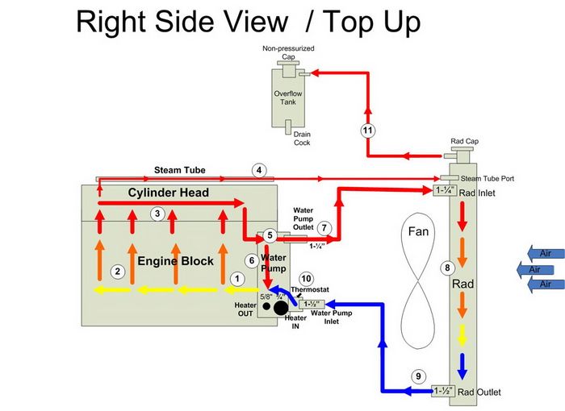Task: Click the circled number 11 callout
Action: (368, 130)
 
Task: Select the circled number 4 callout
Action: (259, 170)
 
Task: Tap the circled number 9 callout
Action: (418, 376)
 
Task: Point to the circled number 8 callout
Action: (446, 268)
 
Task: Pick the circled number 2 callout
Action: (118, 272)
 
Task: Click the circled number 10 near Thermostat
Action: (306, 278)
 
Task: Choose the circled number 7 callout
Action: (324, 228)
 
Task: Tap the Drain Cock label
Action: (302, 139)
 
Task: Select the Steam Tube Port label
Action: (487, 178)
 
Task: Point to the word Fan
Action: (418, 232)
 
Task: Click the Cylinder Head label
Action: (168, 193)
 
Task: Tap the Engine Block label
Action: (175, 260)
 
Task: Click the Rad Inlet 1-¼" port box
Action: (443, 191)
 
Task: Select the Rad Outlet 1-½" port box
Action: (443, 392)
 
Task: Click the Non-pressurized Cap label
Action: (288, 52)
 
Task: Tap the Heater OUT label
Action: (245, 309)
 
